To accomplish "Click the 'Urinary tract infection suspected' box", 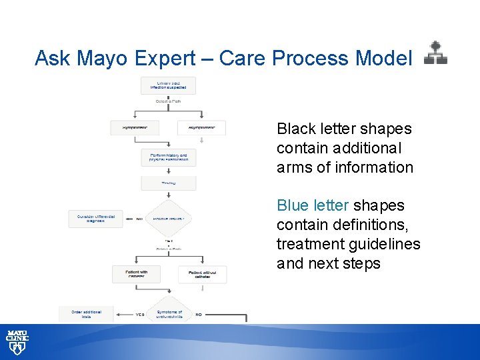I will (168, 85).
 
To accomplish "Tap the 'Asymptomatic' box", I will (201, 127).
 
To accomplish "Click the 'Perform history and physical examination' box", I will (168, 157).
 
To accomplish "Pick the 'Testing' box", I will (168, 183).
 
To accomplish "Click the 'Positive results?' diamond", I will (168, 218).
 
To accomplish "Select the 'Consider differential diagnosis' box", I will (96, 219).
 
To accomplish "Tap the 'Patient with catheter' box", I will (135, 274).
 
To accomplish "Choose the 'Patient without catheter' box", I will (201, 274).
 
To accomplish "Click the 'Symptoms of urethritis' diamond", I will (169, 313).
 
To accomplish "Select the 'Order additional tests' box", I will (86, 313).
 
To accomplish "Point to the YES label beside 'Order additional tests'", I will (139, 313).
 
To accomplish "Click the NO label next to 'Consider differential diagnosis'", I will (139, 218).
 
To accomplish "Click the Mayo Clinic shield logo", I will (17, 341).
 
